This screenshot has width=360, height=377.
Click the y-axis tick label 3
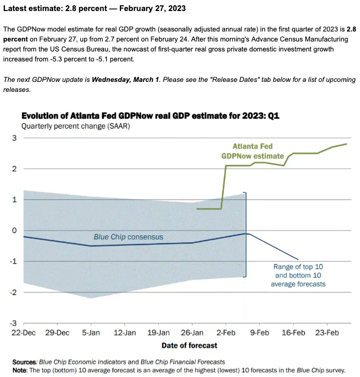coord(14,138)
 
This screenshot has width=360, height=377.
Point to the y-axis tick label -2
coord(13,292)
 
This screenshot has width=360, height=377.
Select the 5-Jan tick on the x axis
coord(91,333)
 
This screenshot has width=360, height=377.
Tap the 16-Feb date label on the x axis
coord(293,333)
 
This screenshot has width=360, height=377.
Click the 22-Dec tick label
coord(24,333)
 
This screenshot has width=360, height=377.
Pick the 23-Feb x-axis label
coord(327,333)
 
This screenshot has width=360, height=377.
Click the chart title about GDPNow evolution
coord(150,116)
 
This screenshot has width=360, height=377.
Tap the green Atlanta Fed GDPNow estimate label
coord(253,151)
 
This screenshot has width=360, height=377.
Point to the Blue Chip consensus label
coord(128,237)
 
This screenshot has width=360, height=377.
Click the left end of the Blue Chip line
coord(24,237)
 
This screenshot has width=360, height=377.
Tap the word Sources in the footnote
coord(25,361)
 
